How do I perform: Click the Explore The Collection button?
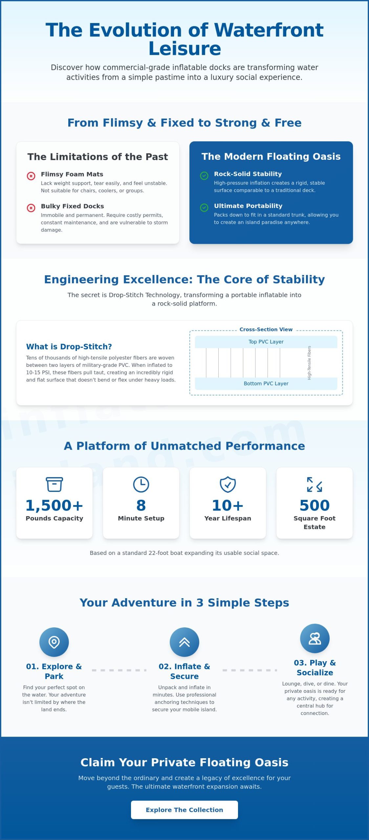pos(184,809)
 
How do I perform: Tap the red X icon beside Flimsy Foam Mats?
pos(31,176)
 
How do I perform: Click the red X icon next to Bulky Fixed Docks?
pos(31,208)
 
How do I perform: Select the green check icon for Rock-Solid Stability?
pos(204,176)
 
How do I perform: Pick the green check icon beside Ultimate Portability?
pos(204,207)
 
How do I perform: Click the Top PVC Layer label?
pos(266,342)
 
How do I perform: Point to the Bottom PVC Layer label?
pos(266,383)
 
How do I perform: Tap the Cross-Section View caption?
pos(266,329)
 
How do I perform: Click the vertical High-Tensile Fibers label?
pos(309,363)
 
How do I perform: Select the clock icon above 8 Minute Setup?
pos(141,484)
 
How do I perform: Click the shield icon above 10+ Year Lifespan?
pos(228,484)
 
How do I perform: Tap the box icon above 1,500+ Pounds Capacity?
pos(54,484)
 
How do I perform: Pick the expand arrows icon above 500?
pos(315,484)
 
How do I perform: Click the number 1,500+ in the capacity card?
pos(54,505)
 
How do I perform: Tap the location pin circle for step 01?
pos(54,642)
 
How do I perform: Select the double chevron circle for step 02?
pos(185,642)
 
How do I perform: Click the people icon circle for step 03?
pos(315,639)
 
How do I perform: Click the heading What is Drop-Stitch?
pos(69,346)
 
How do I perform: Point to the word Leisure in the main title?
pos(185,49)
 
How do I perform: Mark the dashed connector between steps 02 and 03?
pos(250,670)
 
